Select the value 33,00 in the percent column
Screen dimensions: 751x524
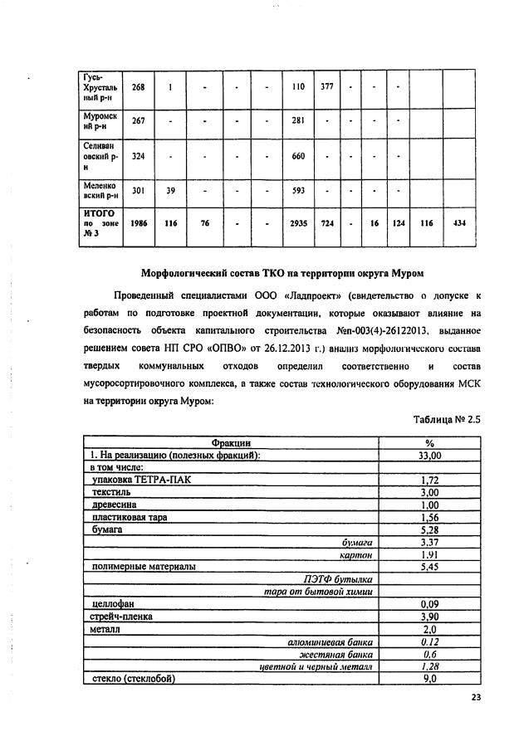429,456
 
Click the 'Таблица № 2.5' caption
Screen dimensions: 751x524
447,420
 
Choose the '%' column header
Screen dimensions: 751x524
429,444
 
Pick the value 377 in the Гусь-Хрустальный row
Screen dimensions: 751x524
327,86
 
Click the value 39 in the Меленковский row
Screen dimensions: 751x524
170,190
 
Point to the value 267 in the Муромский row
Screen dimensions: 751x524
139,121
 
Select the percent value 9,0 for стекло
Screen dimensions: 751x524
429,678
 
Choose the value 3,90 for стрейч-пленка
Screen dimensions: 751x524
429,617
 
